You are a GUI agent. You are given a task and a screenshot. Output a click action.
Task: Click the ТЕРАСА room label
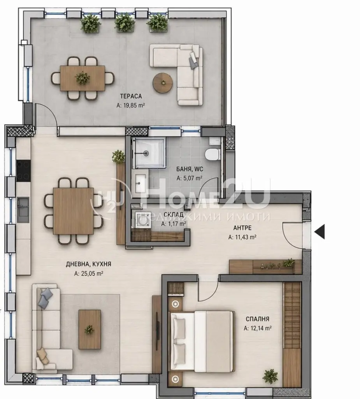(131, 96)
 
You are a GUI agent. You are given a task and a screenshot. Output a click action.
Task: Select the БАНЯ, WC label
(190, 169)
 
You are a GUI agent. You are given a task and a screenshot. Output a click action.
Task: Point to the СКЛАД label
(174, 215)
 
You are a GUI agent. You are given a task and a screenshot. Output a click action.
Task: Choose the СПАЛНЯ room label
(257, 319)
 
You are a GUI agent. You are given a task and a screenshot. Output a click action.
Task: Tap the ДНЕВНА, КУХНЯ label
(88, 264)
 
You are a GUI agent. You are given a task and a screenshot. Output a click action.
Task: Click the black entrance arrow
(320, 232)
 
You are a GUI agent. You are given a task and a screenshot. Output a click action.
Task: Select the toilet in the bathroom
(212, 154)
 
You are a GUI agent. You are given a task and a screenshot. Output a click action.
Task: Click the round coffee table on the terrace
(163, 83)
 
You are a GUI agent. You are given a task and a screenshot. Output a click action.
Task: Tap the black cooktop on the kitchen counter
(24, 171)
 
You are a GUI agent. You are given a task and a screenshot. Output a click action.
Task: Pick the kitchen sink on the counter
(23, 206)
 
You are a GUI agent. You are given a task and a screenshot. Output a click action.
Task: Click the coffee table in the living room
(90, 329)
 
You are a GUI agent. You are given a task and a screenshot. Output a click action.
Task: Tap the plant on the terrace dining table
(83, 78)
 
